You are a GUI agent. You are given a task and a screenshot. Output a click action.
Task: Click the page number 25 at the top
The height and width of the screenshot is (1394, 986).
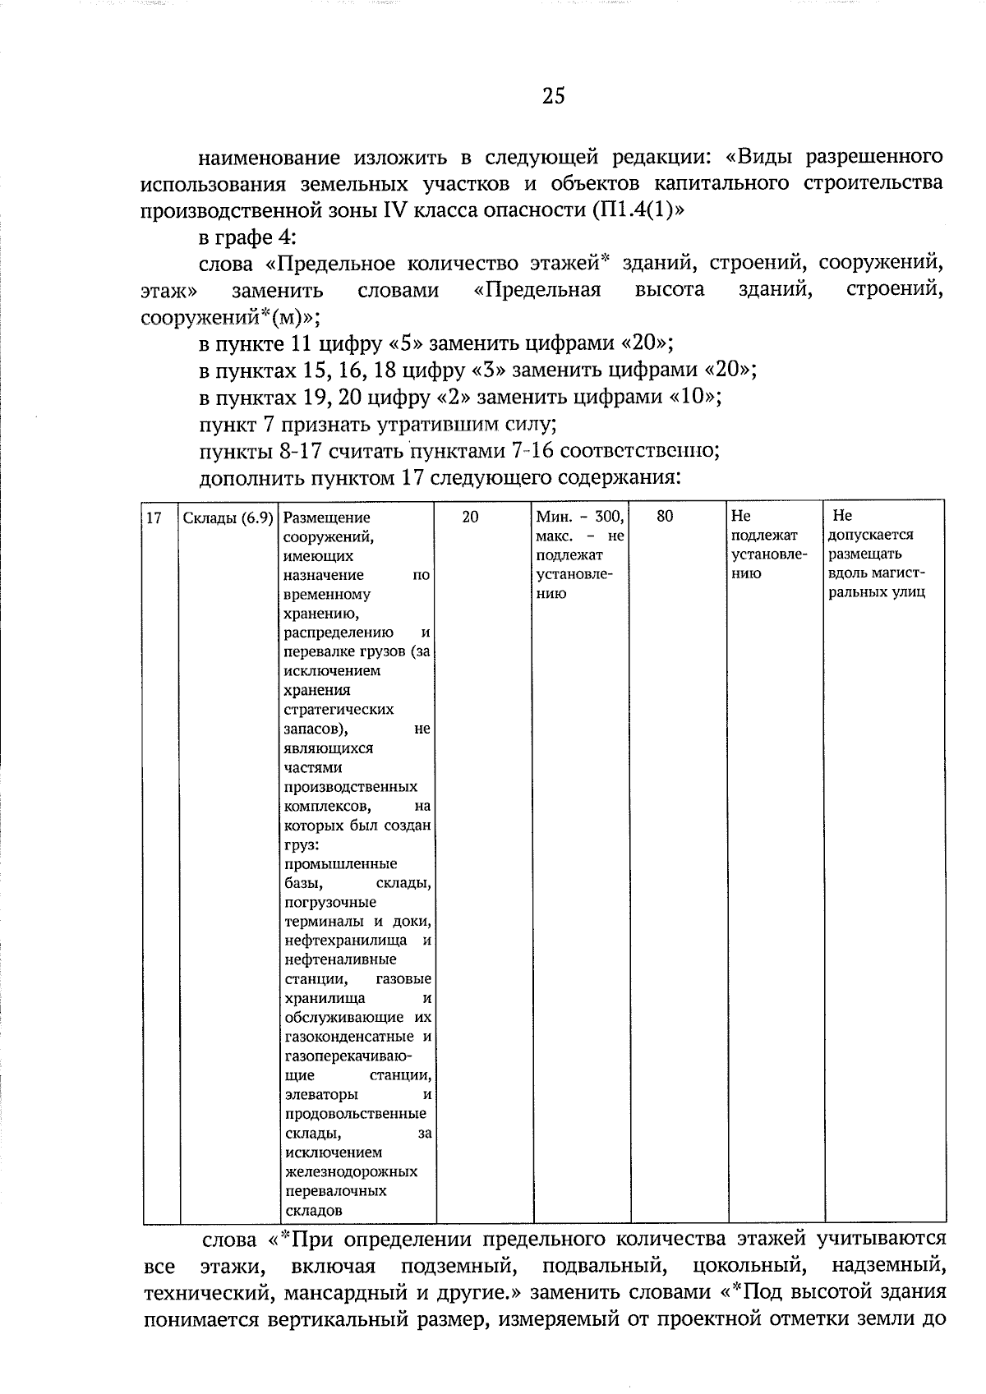click(553, 96)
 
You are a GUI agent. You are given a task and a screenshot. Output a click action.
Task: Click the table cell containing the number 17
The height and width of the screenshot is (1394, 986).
click(153, 518)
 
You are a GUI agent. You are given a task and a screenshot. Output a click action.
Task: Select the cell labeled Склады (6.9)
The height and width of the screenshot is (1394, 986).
click(228, 518)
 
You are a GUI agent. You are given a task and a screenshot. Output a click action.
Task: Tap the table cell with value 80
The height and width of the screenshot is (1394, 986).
click(665, 517)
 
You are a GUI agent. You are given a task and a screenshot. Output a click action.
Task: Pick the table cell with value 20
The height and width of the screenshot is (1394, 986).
click(470, 517)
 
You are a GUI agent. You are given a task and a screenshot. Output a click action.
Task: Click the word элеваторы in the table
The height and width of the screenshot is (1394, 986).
click(320, 1094)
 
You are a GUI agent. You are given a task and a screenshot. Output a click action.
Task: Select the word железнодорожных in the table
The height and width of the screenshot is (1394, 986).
click(351, 1171)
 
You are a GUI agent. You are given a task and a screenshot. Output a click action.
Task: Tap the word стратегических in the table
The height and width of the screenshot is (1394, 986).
click(339, 709)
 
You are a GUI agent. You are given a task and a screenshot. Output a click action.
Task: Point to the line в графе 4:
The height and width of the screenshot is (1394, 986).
click(248, 237)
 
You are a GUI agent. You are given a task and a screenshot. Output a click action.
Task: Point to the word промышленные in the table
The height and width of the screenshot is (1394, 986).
click(340, 863)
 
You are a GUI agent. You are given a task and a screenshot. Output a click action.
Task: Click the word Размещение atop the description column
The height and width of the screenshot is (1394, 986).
click(326, 518)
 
